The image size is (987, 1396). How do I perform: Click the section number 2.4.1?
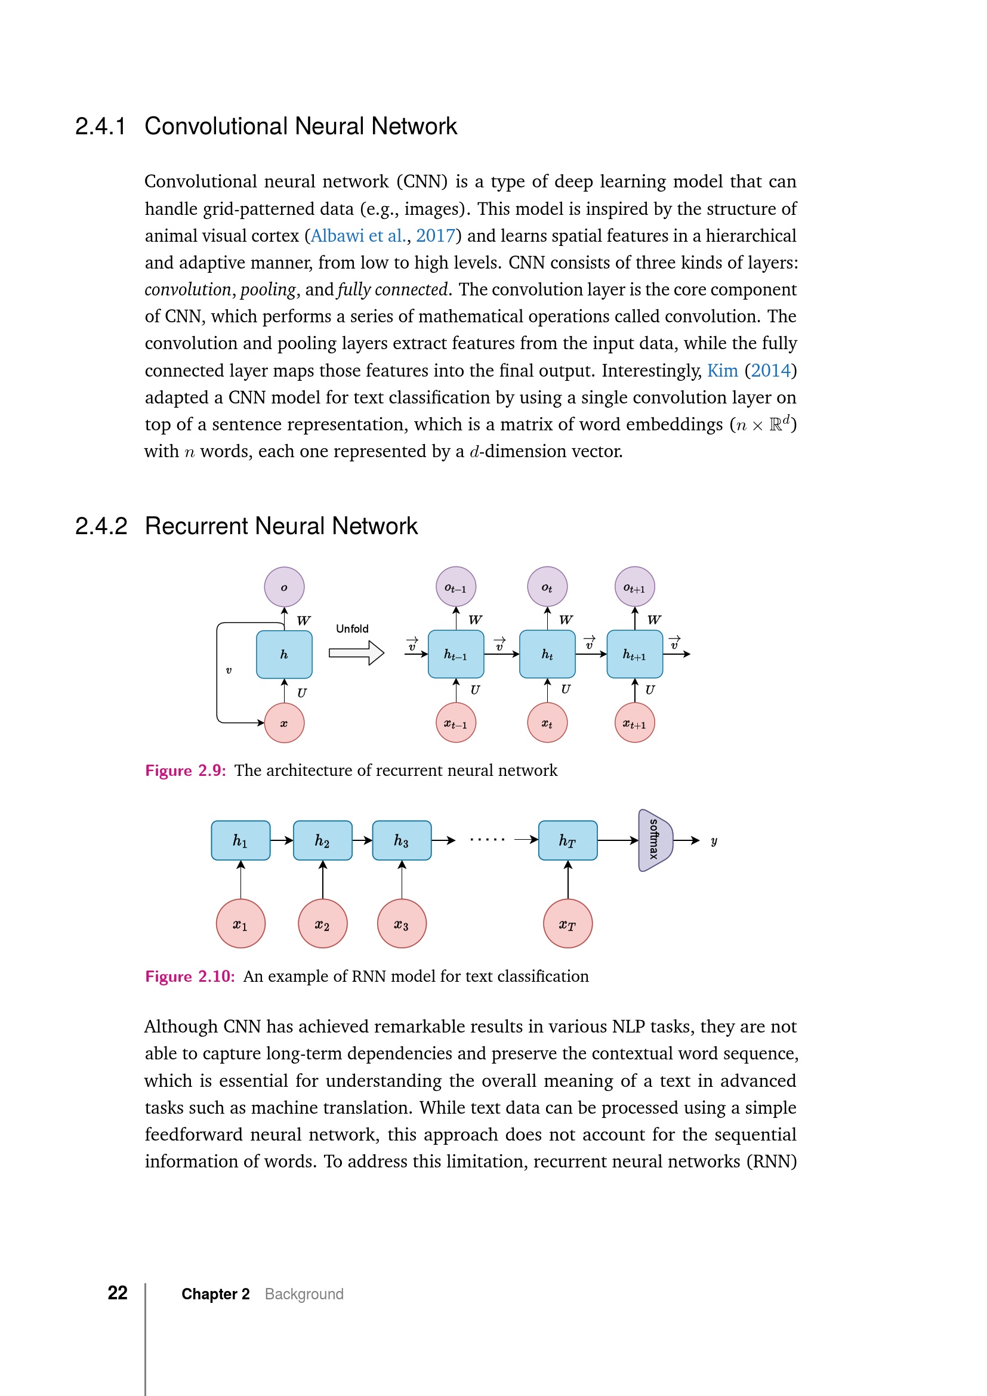point(100,127)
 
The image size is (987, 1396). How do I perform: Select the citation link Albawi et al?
point(358,236)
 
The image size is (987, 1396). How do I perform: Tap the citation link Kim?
point(722,371)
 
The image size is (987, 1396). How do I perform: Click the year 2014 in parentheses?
point(770,371)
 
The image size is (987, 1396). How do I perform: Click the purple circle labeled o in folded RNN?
point(284,587)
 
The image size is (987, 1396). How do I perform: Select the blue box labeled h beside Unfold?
point(284,654)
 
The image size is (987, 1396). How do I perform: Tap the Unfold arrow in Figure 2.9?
point(357,653)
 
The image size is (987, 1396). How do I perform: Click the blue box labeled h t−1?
point(456,654)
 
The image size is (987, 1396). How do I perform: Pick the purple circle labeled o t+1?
point(634,587)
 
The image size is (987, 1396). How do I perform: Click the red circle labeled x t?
point(547,723)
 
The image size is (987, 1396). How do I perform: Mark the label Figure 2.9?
point(186,771)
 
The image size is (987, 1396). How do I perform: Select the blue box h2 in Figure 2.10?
point(322,841)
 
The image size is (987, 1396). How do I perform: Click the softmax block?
point(655,840)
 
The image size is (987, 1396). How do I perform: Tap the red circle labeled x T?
point(567,924)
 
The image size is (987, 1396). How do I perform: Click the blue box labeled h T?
point(567,841)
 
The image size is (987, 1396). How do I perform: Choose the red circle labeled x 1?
point(240,924)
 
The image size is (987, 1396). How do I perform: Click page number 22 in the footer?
point(118,1293)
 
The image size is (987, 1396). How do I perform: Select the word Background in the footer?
point(304,1295)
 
